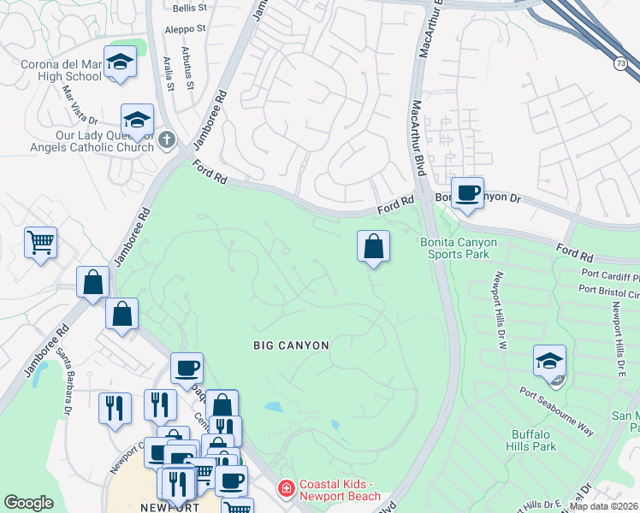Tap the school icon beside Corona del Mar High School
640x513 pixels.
[x=120, y=62]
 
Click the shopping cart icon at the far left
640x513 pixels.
[x=40, y=244]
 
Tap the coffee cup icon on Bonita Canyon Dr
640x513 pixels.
[x=467, y=193]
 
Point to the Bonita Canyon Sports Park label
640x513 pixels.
[x=459, y=249]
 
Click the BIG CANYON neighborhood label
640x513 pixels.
[x=291, y=345]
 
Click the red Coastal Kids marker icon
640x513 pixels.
[x=285, y=488]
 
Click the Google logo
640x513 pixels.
[x=29, y=503]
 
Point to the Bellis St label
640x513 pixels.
[x=190, y=8]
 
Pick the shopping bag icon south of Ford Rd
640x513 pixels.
[x=373, y=247]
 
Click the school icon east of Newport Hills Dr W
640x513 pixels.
[x=549, y=361]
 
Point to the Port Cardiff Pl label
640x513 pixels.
[x=609, y=274]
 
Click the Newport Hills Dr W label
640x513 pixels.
[x=501, y=304]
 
